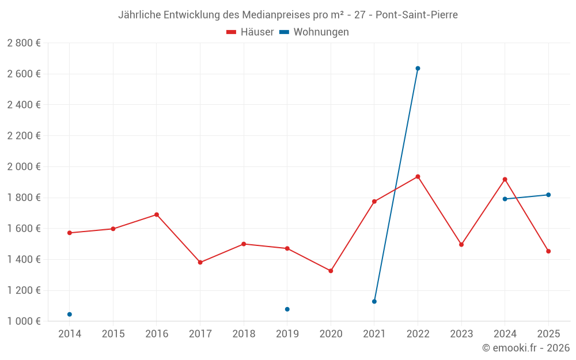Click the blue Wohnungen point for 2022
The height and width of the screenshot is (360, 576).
tap(418, 69)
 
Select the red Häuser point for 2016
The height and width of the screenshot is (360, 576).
tap(157, 215)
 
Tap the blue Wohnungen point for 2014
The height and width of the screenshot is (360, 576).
tap(70, 314)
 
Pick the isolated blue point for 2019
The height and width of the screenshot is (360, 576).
tap(287, 309)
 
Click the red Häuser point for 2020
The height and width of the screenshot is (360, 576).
tap(331, 271)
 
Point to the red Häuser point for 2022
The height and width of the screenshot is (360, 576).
tap(418, 176)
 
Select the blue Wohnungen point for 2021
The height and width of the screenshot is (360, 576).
tap(374, 301)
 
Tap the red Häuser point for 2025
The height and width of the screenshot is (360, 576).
tap(548, 251)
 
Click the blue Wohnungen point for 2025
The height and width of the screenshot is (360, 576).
tap(548, 195)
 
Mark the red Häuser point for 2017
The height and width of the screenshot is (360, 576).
tap(200, 263)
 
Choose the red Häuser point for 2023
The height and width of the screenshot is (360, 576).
tap(461, 245)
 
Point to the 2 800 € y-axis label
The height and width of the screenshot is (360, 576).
tap(24, 43)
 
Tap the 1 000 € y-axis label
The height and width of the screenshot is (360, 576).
tap(24, 321)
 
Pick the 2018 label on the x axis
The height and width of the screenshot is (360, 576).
tap(244, 334)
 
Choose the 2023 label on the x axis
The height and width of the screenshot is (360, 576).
tap(461, 334)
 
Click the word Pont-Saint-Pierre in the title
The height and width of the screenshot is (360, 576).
tap(416, 15)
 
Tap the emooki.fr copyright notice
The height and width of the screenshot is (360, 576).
tap(526, 348)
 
